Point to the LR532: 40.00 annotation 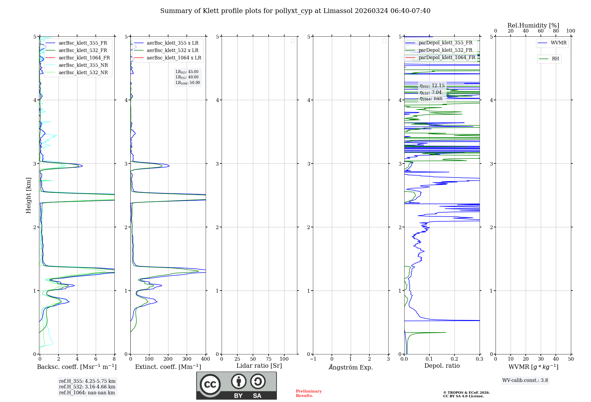pos(187,77)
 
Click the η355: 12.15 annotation pos(432,86)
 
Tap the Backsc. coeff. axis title pos(77,367)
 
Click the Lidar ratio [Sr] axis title pos(259,366)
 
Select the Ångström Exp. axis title pos(351,367)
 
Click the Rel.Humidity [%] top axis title pos(533,25)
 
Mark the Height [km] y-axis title pos(28,195)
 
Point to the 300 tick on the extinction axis pos(187,359)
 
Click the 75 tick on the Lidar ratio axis pos(268,359)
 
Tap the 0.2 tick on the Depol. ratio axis pos(454,359)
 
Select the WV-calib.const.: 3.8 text pos(525,380)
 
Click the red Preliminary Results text pos(309,393)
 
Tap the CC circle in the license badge pos(210,385)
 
